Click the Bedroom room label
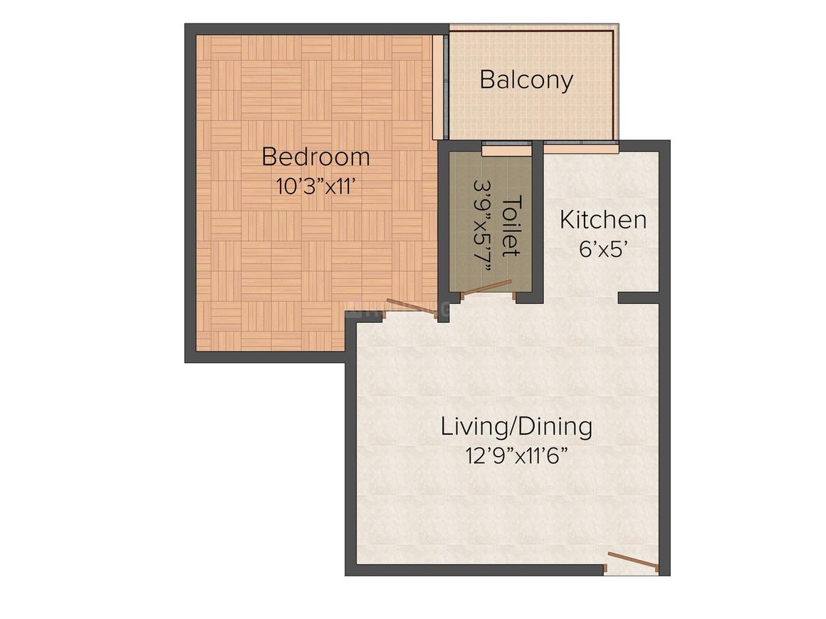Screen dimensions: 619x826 tap(315, 157)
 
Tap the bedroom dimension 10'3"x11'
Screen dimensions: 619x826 tap(315, 186)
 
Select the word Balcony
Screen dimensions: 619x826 tap(526, 80)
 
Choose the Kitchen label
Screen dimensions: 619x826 tap(603, 220)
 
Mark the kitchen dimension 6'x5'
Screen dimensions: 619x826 tap(603, 250)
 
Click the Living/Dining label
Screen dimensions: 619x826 tap(516, 427)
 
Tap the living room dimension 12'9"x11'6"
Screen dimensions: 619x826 tap(516, 455)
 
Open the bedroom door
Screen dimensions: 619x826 tap(412, 306)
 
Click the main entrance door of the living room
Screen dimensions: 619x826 tap(633, 561)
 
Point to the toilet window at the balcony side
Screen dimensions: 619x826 tap(506, 149)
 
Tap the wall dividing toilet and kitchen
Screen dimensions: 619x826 tap(538, 221)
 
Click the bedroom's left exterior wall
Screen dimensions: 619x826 tap(190, 192)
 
